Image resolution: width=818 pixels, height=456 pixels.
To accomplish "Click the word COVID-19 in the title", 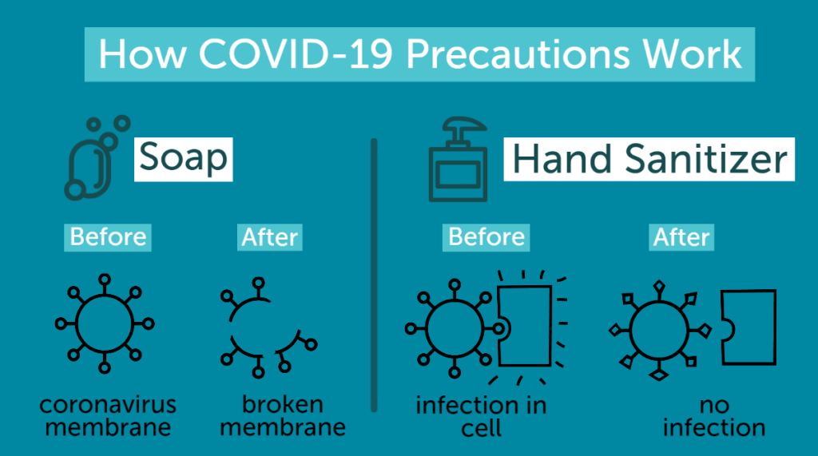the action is point(296,54).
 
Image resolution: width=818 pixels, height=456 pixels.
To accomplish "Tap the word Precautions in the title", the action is point(518,54).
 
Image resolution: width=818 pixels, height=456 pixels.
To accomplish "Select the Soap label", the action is point(183,159).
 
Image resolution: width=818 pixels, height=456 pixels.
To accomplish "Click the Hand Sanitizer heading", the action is point(649,159).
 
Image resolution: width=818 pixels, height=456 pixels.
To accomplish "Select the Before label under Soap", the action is point(108,237).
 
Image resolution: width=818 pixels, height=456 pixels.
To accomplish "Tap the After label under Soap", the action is point(270,237).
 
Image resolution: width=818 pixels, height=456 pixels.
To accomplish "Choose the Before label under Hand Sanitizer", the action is point(486,237).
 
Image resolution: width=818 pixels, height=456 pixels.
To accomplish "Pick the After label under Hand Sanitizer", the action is point(681,237).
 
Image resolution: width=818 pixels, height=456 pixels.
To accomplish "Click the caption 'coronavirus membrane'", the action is point(108,416).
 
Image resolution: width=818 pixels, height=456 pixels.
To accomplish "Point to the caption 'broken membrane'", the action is point(283,416).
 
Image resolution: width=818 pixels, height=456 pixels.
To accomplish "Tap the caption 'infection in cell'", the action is point(481,417).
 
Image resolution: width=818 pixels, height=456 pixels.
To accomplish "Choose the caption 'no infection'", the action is point(714,416).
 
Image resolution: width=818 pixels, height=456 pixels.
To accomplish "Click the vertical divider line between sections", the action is point(374,276).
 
